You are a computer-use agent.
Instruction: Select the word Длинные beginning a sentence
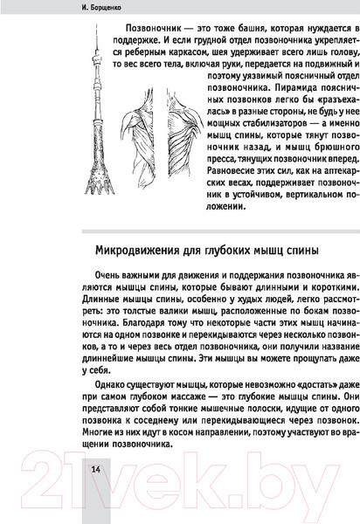(110, 307)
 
